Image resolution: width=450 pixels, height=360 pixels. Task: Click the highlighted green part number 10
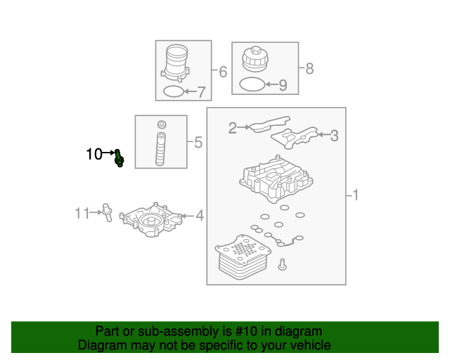120,159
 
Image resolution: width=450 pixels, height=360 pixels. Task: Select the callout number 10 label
94,154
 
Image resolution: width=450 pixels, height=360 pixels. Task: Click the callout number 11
83,212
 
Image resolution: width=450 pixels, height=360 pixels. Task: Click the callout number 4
200,216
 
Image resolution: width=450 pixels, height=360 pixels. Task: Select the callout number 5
198,143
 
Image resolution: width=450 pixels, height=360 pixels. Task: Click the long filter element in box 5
161,148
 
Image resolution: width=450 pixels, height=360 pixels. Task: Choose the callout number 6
223,72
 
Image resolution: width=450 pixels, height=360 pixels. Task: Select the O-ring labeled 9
252,85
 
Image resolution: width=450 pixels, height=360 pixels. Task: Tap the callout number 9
283,86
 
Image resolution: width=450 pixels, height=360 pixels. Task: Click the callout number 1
355,195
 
